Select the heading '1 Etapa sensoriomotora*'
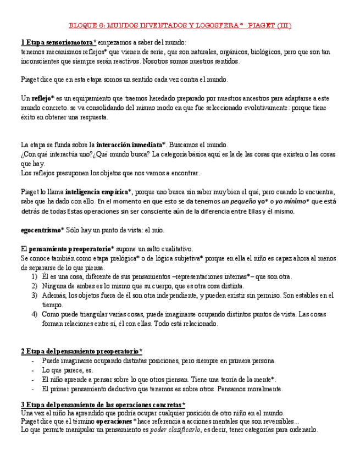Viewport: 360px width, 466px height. pos(58,42)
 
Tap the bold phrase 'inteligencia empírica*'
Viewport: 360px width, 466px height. pos(98,192)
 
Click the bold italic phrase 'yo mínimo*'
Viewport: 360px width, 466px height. pos(292,201)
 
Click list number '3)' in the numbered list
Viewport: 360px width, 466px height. pos(34,295)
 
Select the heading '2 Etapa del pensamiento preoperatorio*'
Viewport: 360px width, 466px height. pos(81,351)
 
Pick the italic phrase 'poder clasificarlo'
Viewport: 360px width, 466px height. pos(174,430)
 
